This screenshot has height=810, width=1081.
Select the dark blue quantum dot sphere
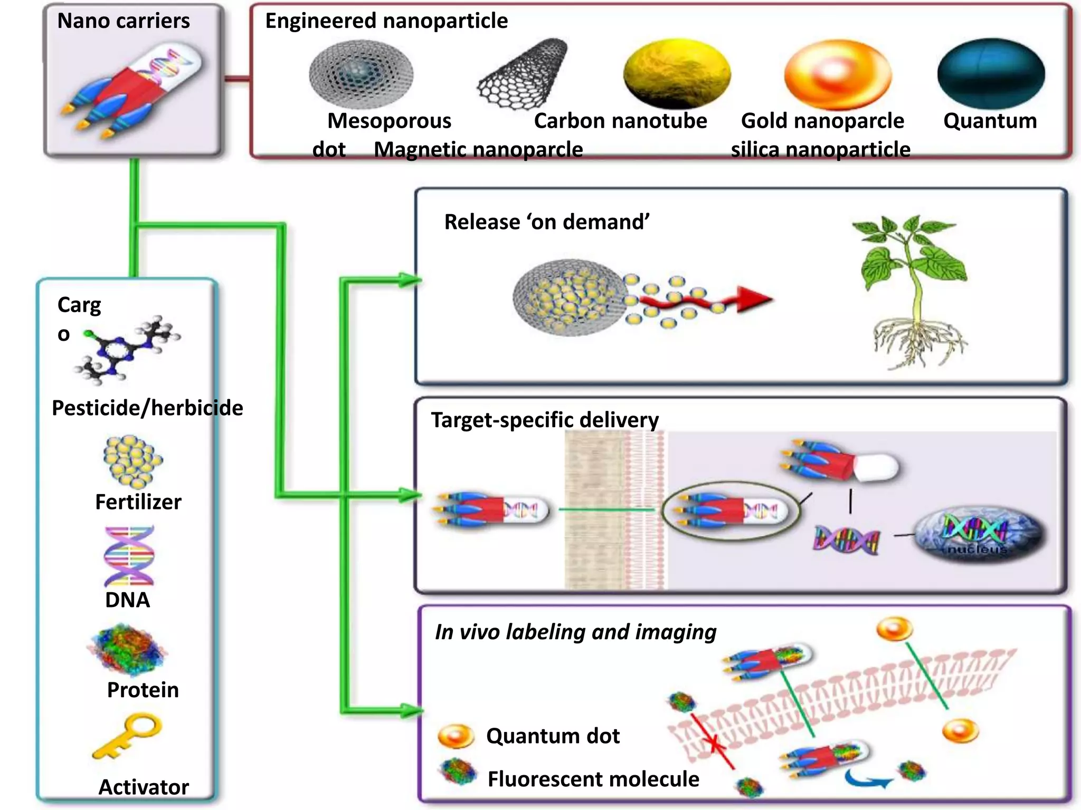991,73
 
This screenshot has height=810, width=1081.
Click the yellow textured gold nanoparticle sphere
676,73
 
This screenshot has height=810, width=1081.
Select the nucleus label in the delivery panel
977,549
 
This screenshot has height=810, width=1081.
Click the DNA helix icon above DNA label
129,556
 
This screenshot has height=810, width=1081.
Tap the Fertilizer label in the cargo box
138,502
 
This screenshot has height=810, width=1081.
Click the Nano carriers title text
123,21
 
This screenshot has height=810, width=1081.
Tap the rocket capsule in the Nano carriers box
132,87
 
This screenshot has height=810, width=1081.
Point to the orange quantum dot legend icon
455,736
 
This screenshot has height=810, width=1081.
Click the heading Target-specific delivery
545,420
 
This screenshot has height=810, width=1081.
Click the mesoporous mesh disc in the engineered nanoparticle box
361,74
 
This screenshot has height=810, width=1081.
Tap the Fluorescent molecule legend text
593,779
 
